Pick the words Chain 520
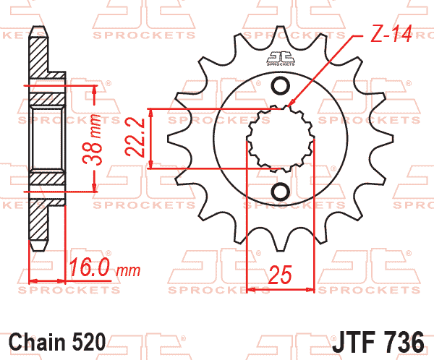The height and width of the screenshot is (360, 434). click(x=58, y=340)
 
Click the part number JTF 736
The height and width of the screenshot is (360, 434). click(x=383, y=340)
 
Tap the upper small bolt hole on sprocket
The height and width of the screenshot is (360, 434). click(x=280, y=87)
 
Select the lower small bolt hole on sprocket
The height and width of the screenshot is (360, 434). click(x=280, y=192)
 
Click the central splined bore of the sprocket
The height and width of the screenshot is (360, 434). click(x=280, y=139)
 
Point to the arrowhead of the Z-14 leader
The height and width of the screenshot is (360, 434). click(x=290, y=106)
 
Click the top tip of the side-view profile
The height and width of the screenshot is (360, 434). click(x=39, y=31)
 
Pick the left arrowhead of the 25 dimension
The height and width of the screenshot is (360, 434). click(x=251, y=290)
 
